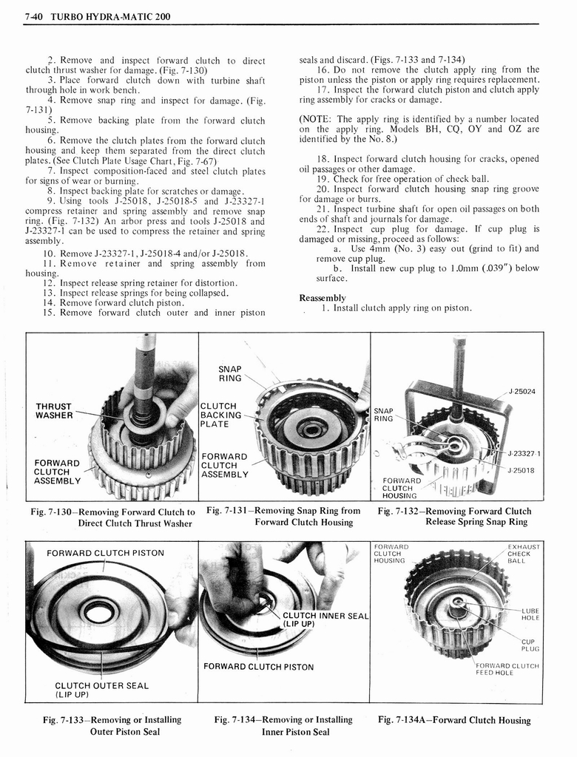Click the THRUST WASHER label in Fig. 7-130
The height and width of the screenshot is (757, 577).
(x=54, y=411)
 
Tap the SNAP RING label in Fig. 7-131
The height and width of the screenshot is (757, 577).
(x=230, y=373)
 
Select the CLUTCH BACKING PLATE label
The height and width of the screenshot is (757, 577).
(x=221, y=415)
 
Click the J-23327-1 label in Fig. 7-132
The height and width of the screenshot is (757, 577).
(x=524, y=453)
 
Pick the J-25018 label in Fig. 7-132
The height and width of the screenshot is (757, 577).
(x=521, y=469)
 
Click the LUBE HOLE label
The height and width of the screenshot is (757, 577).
(x=530, y=614)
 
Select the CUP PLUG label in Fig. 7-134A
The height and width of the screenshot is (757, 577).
(x=530, y=645)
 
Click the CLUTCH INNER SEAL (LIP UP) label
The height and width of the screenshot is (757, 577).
(x=325, y=619)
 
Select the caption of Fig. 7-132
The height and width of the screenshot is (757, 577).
(x=455, y=516)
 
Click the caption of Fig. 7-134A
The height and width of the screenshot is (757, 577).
(x=454, y=720)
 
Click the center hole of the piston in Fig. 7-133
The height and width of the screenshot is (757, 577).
(x=95, y=611)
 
